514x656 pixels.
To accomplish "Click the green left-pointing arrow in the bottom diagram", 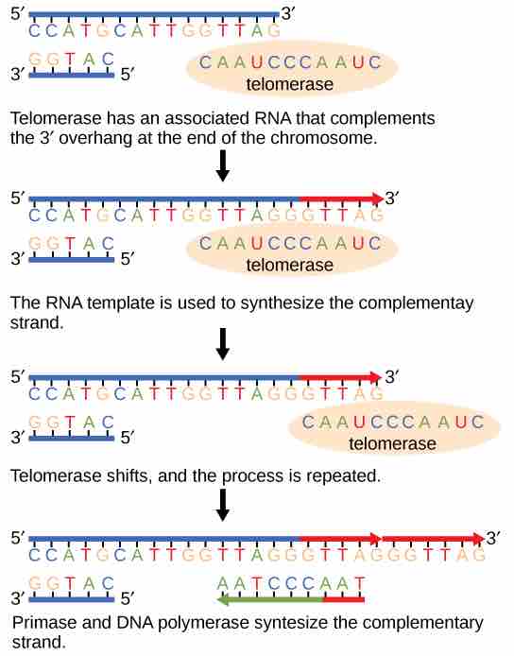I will point(268,598).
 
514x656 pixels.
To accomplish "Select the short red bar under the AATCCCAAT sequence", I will point(343,598).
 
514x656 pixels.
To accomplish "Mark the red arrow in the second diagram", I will point(341,199).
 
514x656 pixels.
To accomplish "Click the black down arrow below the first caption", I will point(223,166).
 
